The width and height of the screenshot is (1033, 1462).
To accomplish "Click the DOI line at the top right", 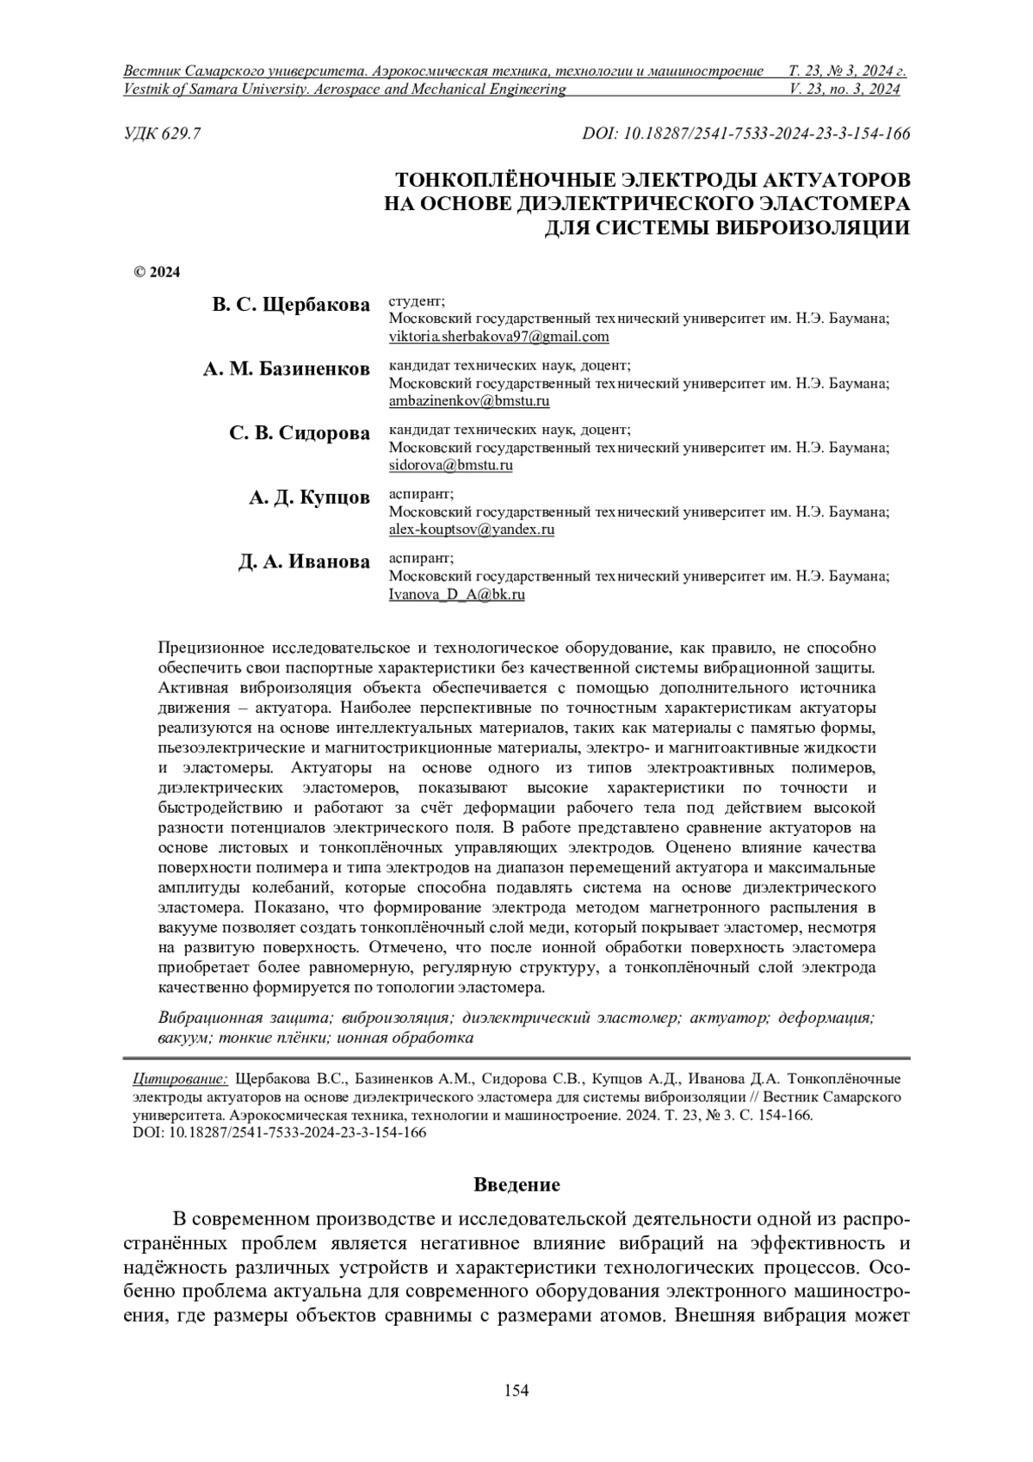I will click(x=745, y=133).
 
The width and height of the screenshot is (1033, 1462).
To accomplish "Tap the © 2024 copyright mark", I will click(x=157, y=273).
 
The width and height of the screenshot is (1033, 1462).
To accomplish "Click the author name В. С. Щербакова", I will click(x=291, y=305).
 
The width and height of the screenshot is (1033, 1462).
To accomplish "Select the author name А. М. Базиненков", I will click(x=287, y=369).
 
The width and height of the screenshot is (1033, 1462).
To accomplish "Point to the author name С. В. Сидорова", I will click(x=300, y=433).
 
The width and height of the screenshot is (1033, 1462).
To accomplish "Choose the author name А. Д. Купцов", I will click(x=309, y=498).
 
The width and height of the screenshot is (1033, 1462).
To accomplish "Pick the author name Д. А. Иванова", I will click(x=304, y=562).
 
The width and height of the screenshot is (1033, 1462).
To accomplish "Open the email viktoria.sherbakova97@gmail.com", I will click(x=498, y=337).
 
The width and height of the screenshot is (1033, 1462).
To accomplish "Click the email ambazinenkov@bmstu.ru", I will click(x=469, y=401).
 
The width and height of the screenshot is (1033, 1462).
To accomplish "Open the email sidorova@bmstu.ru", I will click(x=450, y=466).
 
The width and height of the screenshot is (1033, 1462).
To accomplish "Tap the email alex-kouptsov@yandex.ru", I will click(x=471, y=530).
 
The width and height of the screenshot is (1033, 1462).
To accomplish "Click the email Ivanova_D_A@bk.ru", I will click(x=456, y=595).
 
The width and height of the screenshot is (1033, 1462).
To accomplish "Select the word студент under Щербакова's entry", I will click(x=416, y=300).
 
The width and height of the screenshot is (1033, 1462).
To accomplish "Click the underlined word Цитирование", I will click(x=179, y=1078).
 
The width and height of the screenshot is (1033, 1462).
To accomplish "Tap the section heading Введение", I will click(x=516, y=1185).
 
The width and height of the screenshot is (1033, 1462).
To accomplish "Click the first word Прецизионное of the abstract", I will click(x=212, y=647).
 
